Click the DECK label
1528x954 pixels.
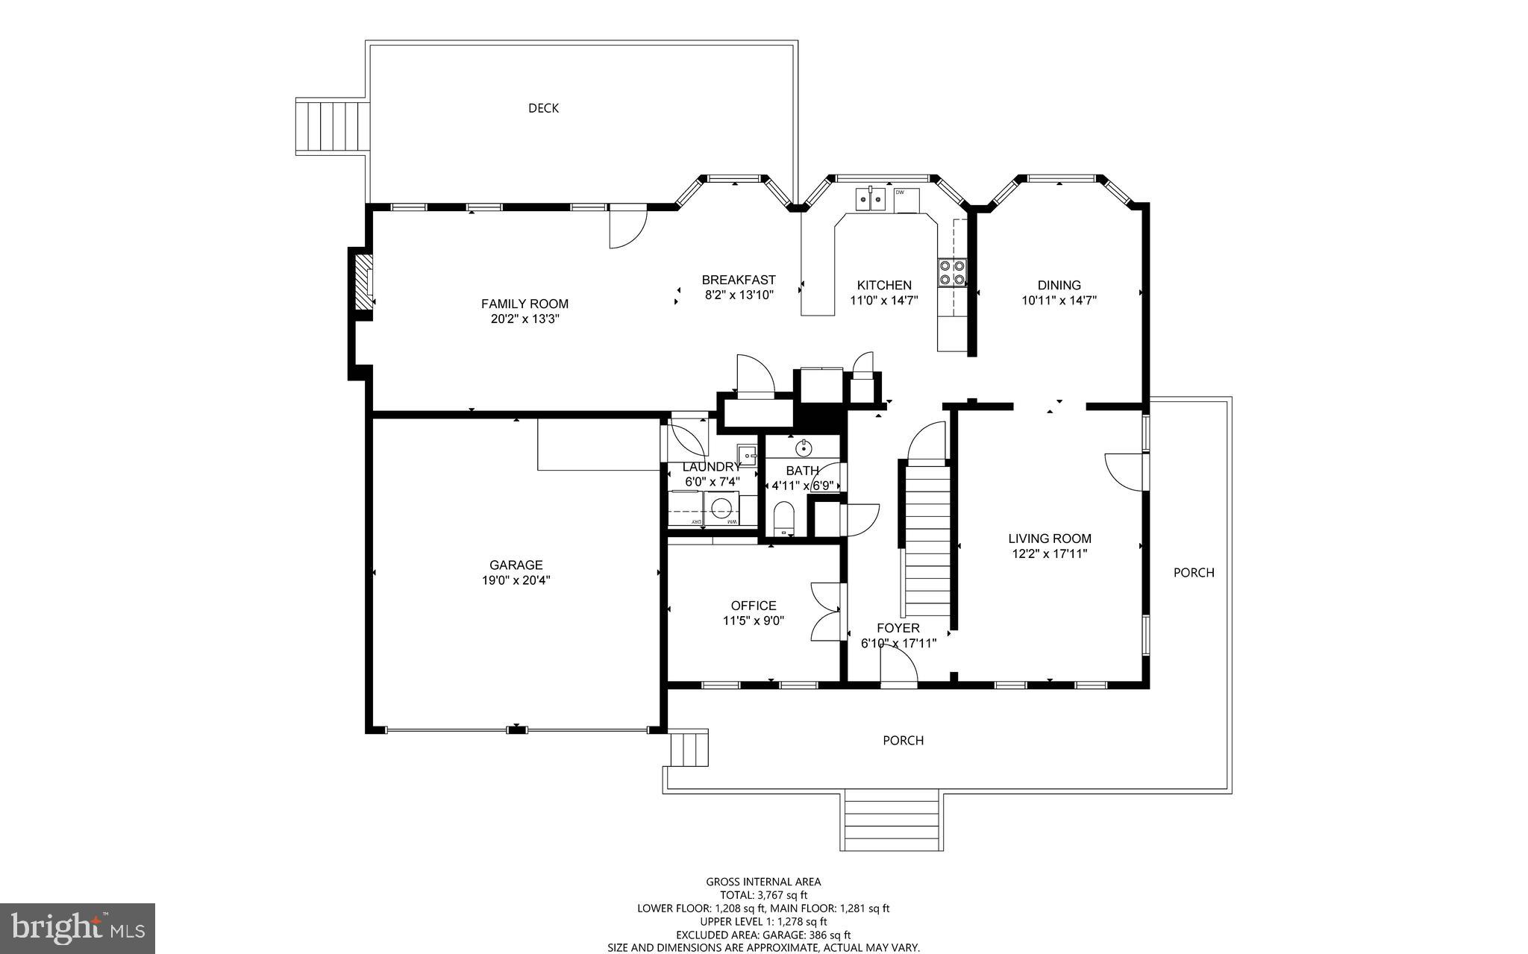543,108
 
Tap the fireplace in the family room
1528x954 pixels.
363,282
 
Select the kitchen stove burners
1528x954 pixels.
952,272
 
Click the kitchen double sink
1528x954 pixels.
871,198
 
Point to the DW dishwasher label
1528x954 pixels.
900,192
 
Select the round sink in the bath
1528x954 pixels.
804,448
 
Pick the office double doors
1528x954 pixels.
826,612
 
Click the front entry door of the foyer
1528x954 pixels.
899,668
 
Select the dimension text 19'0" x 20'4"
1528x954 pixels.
516,580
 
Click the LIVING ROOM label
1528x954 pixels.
1049,539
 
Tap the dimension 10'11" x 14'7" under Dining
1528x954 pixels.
1059,301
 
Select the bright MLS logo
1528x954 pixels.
78,928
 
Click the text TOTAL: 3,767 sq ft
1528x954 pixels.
763,895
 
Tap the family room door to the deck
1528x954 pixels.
627,227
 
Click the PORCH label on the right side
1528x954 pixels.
1193,573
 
